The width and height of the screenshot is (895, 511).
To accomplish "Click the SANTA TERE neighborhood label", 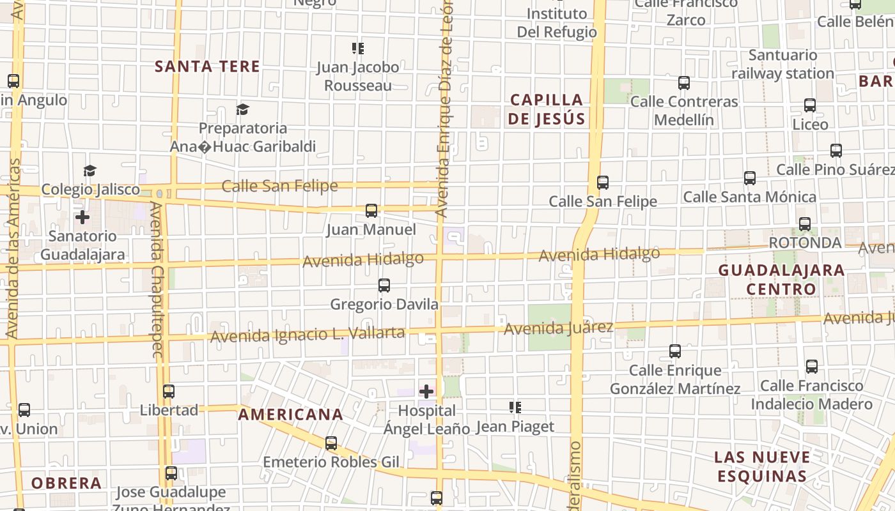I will pos(207,66).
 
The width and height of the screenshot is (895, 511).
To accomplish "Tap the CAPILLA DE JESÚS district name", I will pos(547,109).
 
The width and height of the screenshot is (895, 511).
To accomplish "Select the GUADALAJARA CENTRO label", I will pos(781,279).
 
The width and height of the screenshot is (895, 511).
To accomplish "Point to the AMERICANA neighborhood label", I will pos(291,415).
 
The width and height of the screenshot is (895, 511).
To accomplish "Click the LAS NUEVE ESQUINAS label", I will pos(762,466).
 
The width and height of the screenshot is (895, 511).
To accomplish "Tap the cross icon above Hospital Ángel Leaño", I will pos(426,391).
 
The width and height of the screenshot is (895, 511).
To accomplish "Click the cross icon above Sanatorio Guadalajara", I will pos(82,217).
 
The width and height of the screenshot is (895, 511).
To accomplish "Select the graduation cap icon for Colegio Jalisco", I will pos(89,171).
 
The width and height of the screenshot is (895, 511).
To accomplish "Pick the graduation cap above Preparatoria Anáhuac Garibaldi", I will pos(242,110).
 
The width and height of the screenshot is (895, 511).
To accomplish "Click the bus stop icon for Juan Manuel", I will pos(371,210).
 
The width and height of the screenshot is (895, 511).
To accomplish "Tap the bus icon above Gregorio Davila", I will pos(384,286).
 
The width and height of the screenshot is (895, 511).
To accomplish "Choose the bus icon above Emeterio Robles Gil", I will pos(331,443).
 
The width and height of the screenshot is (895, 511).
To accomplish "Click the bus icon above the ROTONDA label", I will pos(804,224).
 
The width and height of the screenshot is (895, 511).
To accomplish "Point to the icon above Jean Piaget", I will pos(515,408).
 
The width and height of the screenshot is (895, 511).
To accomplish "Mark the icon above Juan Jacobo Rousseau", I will pos(357,49).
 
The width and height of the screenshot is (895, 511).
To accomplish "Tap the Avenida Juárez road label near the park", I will pos(558,328).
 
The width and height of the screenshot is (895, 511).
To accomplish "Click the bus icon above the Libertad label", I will pos(169,392).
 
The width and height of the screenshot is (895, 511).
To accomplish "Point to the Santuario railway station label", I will pos(782,65).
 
